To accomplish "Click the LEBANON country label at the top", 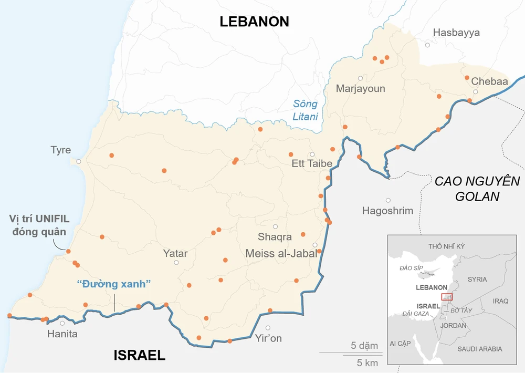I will [254, 22].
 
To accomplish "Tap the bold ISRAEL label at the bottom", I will [139, 356].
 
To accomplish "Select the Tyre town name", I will [60, 150].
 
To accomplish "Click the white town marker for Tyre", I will [79, 161].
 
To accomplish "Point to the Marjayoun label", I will [360, 88].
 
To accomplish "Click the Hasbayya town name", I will [456, 33].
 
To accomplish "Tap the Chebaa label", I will [489, 81].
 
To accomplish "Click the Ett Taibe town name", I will [312, 163].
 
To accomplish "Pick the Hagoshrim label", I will [387, 211].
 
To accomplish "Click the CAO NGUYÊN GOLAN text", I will [477, 189].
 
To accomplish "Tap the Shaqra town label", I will [275, 236].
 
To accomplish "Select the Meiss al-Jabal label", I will [281, 253].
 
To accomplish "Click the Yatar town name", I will [175, 253].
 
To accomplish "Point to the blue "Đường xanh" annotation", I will [114, 284].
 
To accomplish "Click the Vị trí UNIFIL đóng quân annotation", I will [39, 225].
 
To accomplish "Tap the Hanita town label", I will [62, 334].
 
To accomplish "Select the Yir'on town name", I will [268, 338].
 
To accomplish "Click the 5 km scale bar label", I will [367, 362].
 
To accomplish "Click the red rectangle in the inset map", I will [447, 297].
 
